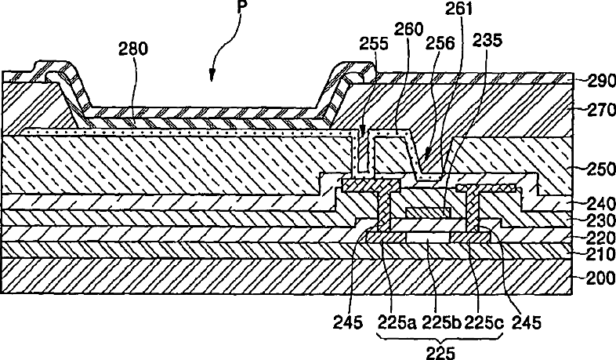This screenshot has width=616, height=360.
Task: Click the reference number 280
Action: (x=133, y=49)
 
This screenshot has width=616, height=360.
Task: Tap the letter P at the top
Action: (x=241, y=7)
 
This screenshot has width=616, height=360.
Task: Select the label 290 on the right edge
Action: (x=601, y=81)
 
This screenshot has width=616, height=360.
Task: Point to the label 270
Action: (x=601, y=110)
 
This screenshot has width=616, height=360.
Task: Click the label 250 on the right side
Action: (x=601, y=169)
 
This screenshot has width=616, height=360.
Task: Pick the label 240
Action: (x=601, y=204)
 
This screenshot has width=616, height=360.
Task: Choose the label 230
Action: (x=601, y=220)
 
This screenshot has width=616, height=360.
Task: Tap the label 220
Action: (x=601, y=238)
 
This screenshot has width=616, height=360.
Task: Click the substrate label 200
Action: (x=601, y=278)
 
